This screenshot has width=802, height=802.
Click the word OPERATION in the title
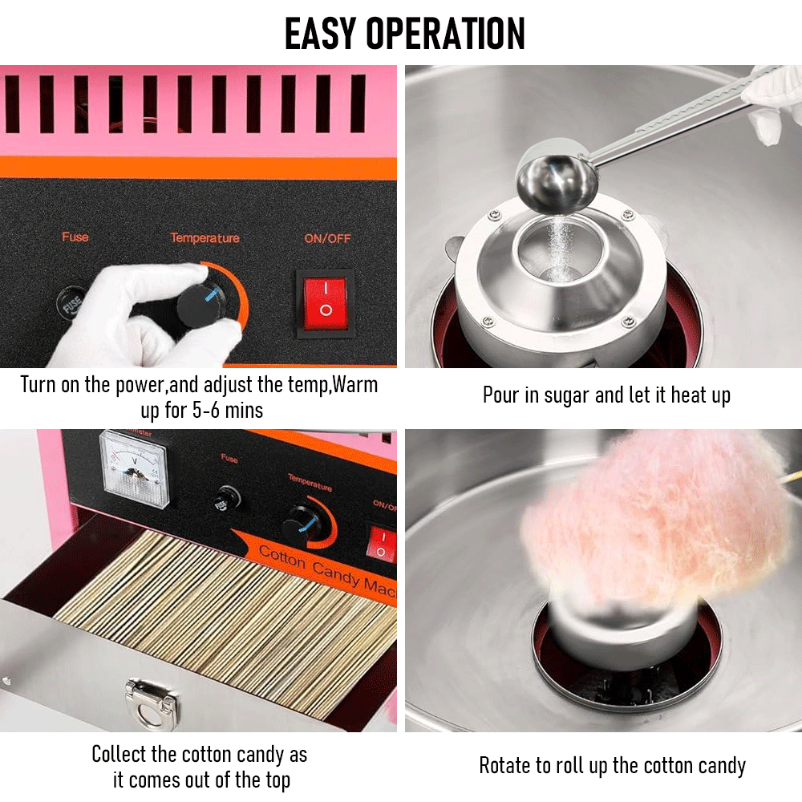coord(446,33)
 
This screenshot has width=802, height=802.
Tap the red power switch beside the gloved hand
coord(325,301)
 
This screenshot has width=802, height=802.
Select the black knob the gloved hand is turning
coord(199,303)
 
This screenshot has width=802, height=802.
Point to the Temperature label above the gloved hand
coord(205,238)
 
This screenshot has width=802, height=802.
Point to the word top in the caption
coord(274,780)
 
